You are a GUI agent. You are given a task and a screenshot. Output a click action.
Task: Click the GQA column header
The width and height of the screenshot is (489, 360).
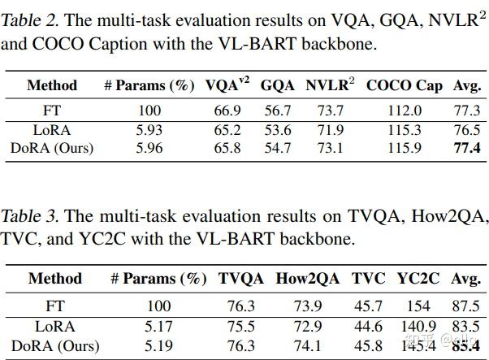(x=278, y=85)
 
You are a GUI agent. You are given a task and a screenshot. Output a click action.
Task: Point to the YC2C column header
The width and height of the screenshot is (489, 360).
(x=418, y=279)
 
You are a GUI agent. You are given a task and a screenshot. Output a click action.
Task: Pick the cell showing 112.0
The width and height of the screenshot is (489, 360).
(x=405, y=111)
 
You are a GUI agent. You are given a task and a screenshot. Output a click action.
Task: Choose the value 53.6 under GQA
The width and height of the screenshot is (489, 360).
(x=277, y=129)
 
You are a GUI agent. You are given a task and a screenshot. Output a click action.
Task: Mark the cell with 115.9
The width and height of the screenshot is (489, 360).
(x=405, y=148)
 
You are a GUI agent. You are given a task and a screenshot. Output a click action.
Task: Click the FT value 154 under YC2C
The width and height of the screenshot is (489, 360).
(x=418, y=306)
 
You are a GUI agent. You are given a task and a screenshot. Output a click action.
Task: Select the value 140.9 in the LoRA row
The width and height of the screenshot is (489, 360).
(x=418, y=326)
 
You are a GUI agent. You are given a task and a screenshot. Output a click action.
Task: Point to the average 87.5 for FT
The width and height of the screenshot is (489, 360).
(x=465, y=306)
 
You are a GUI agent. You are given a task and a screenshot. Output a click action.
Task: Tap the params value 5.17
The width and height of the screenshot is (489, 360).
(x=158, y=326)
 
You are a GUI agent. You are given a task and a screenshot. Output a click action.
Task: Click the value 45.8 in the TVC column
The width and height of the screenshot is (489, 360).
(x=368, y=345)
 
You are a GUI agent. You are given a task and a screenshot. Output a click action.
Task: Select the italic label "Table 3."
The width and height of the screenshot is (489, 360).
(x=29, y=216)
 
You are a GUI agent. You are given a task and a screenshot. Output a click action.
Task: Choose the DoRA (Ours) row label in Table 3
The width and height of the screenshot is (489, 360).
(x=54, y=345)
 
